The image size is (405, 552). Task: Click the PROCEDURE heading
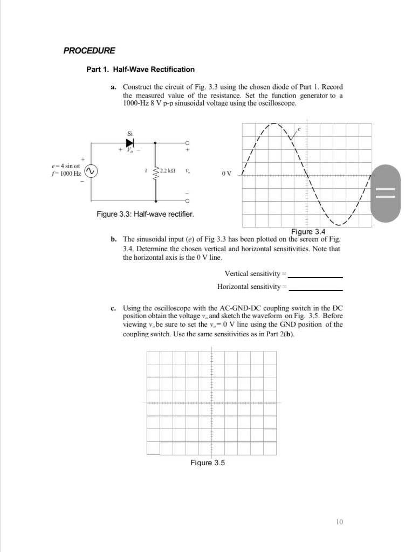89,51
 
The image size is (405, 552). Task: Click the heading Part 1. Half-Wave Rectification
140,70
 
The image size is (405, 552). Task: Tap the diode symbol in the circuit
129,143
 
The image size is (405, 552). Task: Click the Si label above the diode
129,133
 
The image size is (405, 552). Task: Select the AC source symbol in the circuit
91,171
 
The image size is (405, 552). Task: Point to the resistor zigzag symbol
156,171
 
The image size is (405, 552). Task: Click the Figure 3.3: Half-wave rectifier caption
145,214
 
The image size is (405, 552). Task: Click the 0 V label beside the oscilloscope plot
226,174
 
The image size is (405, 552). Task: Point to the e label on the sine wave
299,129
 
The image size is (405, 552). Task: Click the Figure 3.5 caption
207,463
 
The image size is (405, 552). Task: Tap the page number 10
339,521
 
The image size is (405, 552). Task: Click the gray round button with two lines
386,192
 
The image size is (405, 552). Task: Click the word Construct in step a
139,87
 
